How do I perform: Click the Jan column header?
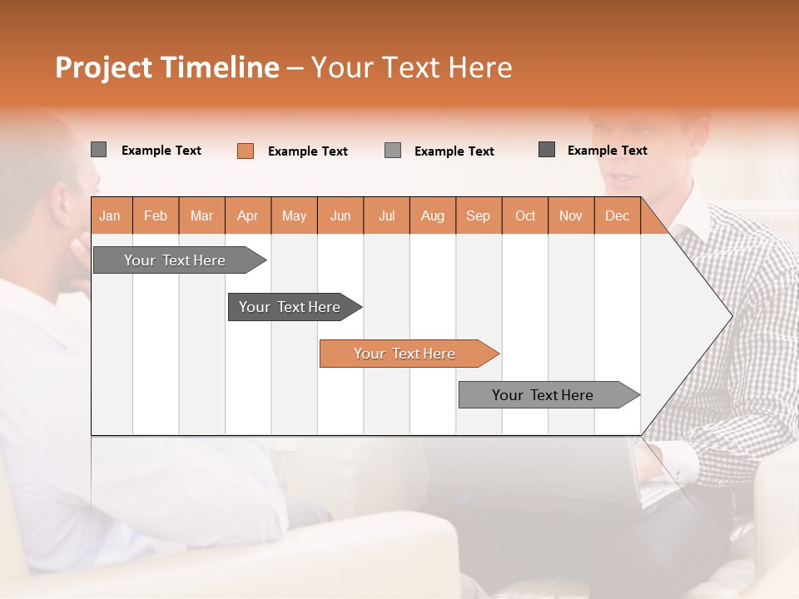(x=111, y=216)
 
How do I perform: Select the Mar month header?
(x=201, y=216)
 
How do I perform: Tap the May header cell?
(x=294, y=216)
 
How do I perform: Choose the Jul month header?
(x=386, y=216)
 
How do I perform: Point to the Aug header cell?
(x=432, y=216)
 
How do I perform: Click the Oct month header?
(x=524, y=216)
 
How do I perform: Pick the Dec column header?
(x=617, y=216)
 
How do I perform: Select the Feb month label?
(x=156, y=216)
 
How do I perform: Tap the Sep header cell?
(x=478, y=216)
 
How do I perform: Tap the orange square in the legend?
(x=246, y=151)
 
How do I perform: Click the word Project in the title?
(x=104, y=67)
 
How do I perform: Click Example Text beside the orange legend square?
(x=307, y=151)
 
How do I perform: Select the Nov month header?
(x=570, y=216)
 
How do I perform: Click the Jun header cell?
(x=340, y=216)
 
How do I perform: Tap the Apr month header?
(x=247, y=216)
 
